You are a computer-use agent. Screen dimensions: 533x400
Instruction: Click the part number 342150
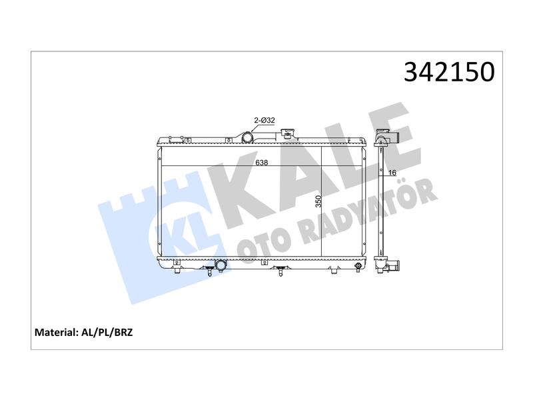coord(449,72)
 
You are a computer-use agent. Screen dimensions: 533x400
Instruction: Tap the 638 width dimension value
coord(261,163)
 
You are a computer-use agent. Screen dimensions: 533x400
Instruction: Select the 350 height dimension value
coord(318,201)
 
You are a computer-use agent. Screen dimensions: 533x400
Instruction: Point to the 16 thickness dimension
coord(392,173)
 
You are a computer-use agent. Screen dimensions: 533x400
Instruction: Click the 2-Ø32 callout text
coord(265,120)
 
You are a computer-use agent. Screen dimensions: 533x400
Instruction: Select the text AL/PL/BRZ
coord(107,332)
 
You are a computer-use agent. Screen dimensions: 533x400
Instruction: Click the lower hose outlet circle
coord(221,265)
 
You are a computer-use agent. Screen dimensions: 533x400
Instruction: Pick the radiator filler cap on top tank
coord(288,133)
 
